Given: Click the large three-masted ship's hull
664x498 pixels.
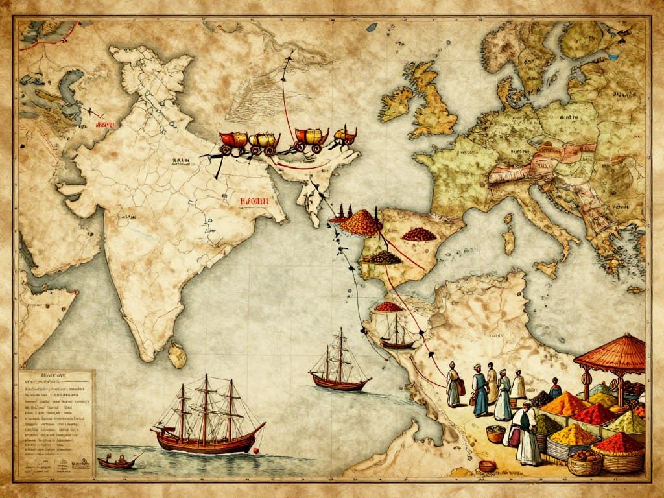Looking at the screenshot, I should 207,441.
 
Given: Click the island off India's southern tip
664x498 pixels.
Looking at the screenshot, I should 176,354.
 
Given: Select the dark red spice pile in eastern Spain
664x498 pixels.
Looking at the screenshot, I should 418,234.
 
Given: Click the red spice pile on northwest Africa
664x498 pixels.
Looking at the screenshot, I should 389,306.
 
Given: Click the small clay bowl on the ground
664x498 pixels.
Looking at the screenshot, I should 487,466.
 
